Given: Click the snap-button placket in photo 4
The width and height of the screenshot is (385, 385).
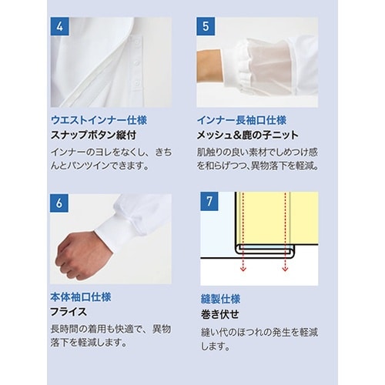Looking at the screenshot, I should coord(142,62).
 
